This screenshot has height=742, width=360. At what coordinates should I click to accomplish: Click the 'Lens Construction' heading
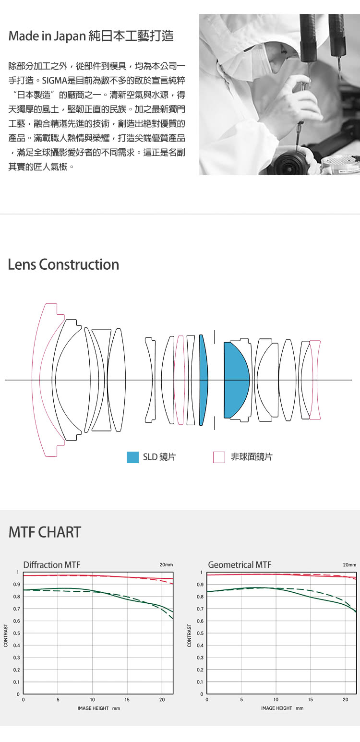tap(63, 264)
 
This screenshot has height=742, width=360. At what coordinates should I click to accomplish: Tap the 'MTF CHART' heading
tap(45, 532)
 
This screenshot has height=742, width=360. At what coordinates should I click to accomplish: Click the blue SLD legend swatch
tap(132, 457)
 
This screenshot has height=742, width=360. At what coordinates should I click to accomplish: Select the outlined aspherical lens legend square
tap(219, 457)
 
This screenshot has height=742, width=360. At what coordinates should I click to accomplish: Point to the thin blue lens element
tap(203, 380)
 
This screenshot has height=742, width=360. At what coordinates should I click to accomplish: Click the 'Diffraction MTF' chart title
tap(52, 565)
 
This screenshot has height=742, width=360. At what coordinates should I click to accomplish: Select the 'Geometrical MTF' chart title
tap(240, 565)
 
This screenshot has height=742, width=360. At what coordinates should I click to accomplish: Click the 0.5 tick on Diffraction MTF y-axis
tap(17, 634)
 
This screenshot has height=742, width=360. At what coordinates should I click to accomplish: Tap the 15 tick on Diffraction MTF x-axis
tap(127, 700)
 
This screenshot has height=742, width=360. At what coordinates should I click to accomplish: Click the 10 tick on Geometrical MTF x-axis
tap(276, 700)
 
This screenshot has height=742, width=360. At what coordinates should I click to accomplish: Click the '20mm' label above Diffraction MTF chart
tap(166, 565)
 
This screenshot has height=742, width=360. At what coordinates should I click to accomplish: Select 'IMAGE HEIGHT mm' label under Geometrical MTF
tap(282, 708)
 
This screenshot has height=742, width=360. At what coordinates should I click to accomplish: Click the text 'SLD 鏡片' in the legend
tap(159, 457)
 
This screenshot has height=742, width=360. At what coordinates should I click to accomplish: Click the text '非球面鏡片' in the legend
tap(251, 457)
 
